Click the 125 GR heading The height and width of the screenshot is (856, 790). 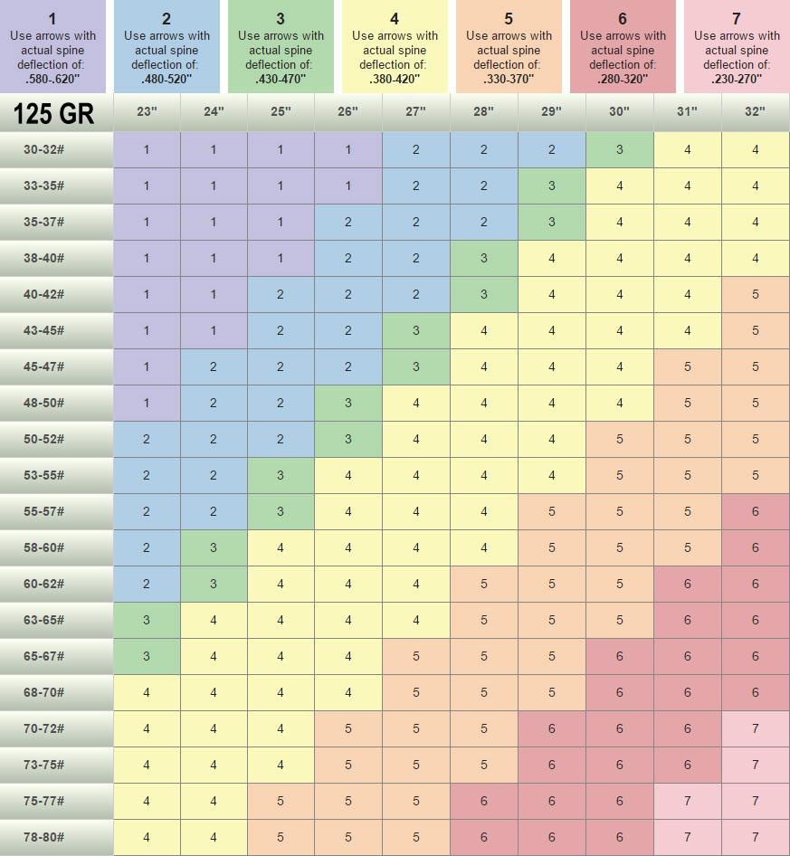(53, 113)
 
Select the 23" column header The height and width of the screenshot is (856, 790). (147, 112)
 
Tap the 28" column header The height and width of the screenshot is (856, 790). (484, 112)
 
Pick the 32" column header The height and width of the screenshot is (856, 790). (755, 112)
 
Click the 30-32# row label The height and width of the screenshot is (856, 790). (44, 149)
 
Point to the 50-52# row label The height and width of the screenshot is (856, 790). (44, 439)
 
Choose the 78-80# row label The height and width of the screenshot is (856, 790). (44, 837)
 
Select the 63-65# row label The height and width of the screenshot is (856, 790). (44, 620)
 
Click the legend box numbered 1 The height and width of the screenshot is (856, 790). (52, 45)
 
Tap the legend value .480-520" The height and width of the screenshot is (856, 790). (167, 79)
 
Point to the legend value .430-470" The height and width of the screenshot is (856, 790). (281, 79)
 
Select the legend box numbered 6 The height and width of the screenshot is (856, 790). (623, 45)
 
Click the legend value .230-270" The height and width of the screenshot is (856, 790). (737, 79)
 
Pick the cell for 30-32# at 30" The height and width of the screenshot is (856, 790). (620, 149)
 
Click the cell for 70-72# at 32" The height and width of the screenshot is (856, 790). (755, 728)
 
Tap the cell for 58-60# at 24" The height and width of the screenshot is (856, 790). (214, 547)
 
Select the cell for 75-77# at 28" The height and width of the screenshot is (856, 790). (484, 801)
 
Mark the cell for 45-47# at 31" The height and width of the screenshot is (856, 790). (688, 366)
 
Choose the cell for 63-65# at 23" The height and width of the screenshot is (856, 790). (147, 620)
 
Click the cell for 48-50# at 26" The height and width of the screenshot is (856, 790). (348, 403)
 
